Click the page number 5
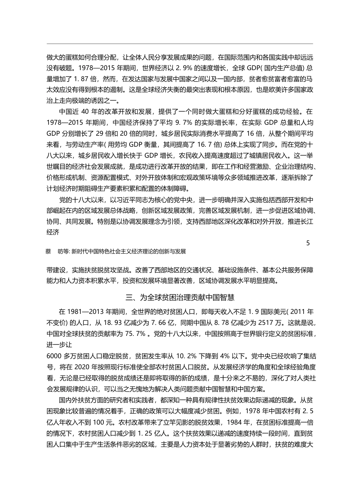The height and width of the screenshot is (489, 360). tap(308, 243)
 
